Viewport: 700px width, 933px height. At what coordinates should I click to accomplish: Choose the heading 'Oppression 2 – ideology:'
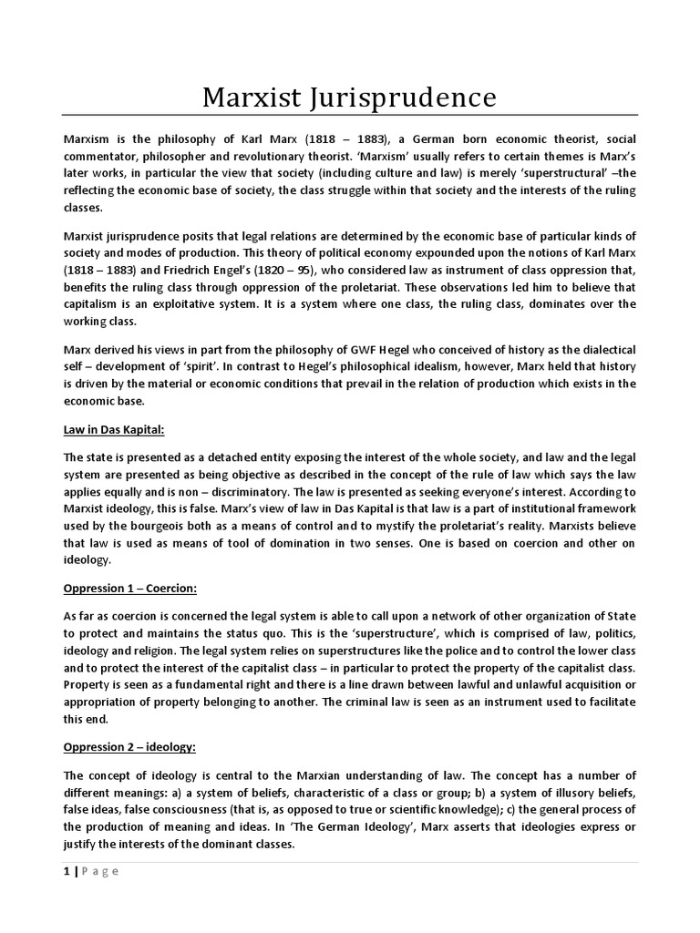click(129, 747)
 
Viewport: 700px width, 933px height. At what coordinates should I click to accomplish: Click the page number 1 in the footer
click(66, 870)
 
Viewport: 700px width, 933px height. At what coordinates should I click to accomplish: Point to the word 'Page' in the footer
click(100, 870)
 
